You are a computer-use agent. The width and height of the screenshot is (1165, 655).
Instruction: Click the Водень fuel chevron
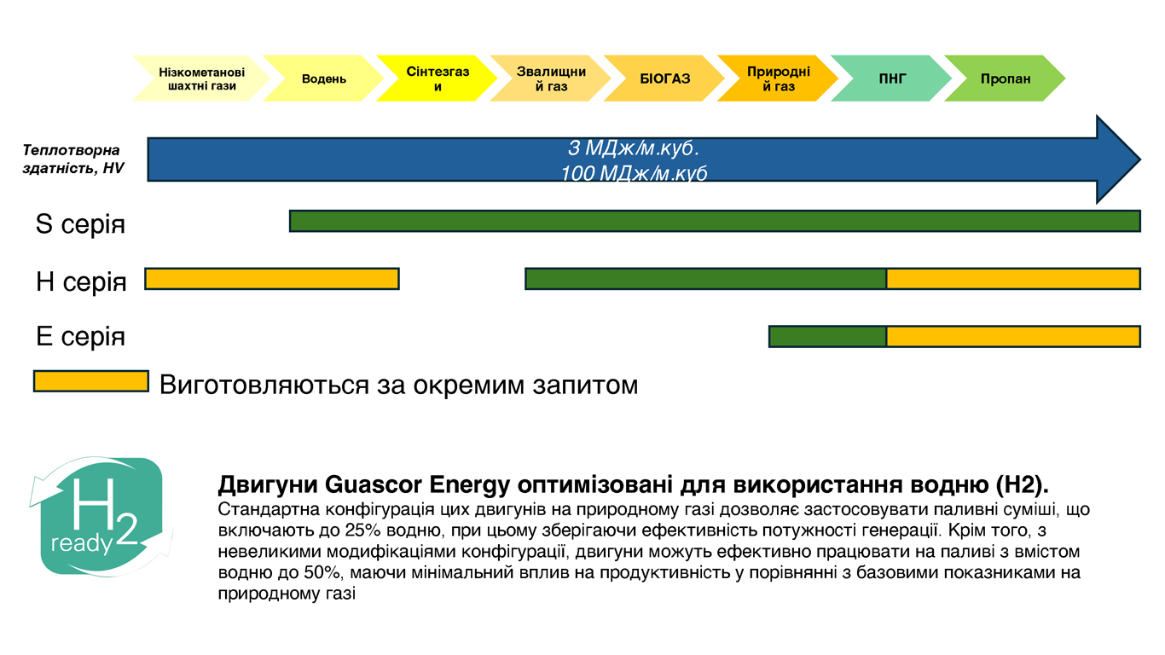tap(323, 78)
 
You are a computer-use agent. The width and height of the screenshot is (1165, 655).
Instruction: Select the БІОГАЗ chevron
tap(664, 78)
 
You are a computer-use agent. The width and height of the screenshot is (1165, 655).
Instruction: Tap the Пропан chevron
tap(1006, 78)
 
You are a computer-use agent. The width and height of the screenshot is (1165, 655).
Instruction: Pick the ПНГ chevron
tap(891, 78)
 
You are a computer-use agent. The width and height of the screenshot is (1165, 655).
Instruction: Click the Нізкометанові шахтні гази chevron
tap(202, 78)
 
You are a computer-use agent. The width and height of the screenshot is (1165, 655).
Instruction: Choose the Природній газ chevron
tap(778, 78)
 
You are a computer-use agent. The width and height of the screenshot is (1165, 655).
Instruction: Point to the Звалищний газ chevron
tap(551, 78)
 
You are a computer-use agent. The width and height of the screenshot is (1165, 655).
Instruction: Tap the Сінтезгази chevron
tap(437, 78)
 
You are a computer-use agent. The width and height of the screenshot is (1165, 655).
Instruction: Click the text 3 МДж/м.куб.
tap(634, 148)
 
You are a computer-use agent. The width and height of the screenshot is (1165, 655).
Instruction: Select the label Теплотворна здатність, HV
tap(72, 159)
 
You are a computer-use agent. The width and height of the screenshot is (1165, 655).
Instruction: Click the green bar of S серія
tap(716, 221)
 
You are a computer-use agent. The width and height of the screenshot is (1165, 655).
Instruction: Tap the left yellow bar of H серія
tap(272, 279)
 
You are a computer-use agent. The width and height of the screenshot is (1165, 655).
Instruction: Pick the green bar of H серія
tap(706, 279)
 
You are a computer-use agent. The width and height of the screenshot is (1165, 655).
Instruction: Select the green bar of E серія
tap(827, 336)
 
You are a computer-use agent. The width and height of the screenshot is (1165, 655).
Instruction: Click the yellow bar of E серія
tap(1014, 336)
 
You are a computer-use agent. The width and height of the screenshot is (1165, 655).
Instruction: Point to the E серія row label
tap(81, 336)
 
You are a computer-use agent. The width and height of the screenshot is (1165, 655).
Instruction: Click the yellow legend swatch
tap(91, 381)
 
